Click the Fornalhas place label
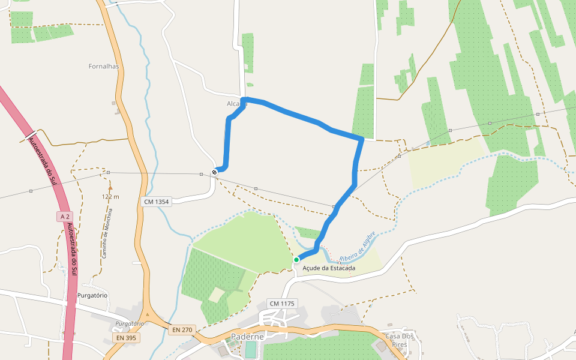[x=104, y=66]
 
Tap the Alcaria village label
[x=237, y=104]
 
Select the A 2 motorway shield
[x=65, y=216]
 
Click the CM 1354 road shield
[x=157, y=202]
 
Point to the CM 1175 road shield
[x=282, y=304]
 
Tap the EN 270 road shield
[x=182, y=329]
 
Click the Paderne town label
[x=247, y=337]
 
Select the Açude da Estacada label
[x=329, y=268]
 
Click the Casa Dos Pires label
[x=400, y=340]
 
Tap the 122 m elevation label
[x=110, y=197]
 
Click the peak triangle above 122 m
[x=110, y=188]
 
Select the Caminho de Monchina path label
[x=107, y=233]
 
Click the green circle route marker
[x=296, y=259]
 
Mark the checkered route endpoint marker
[x=215, y=172]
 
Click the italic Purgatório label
[x=130, y=323]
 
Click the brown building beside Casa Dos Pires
[x=380, y=347]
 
